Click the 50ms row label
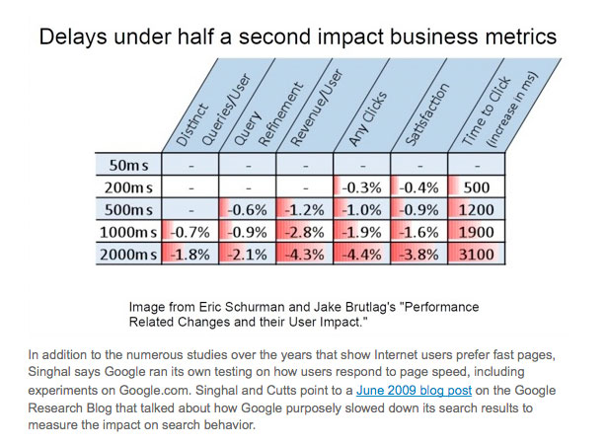pos(128,165)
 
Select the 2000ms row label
pos(128,255)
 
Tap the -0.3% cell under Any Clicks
pos(361,187)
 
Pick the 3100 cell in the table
pos(476,255)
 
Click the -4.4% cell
pos(361,255)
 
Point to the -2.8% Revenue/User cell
pos(305,232)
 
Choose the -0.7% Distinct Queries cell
pos(190,232)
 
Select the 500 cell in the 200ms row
pos(476,187)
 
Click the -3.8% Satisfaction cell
pos(418,255)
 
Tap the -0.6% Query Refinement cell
pos(248,210)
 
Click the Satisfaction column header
pos(427,114)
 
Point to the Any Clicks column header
pos(368,118)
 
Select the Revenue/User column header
pos(317,108)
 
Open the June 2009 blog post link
pos(414,390)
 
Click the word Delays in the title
pos(73,37)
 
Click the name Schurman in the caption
pos(254,307)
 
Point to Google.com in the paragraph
pos(153,390)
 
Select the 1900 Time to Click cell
pos(476,232)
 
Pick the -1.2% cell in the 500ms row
pos(305,210)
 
